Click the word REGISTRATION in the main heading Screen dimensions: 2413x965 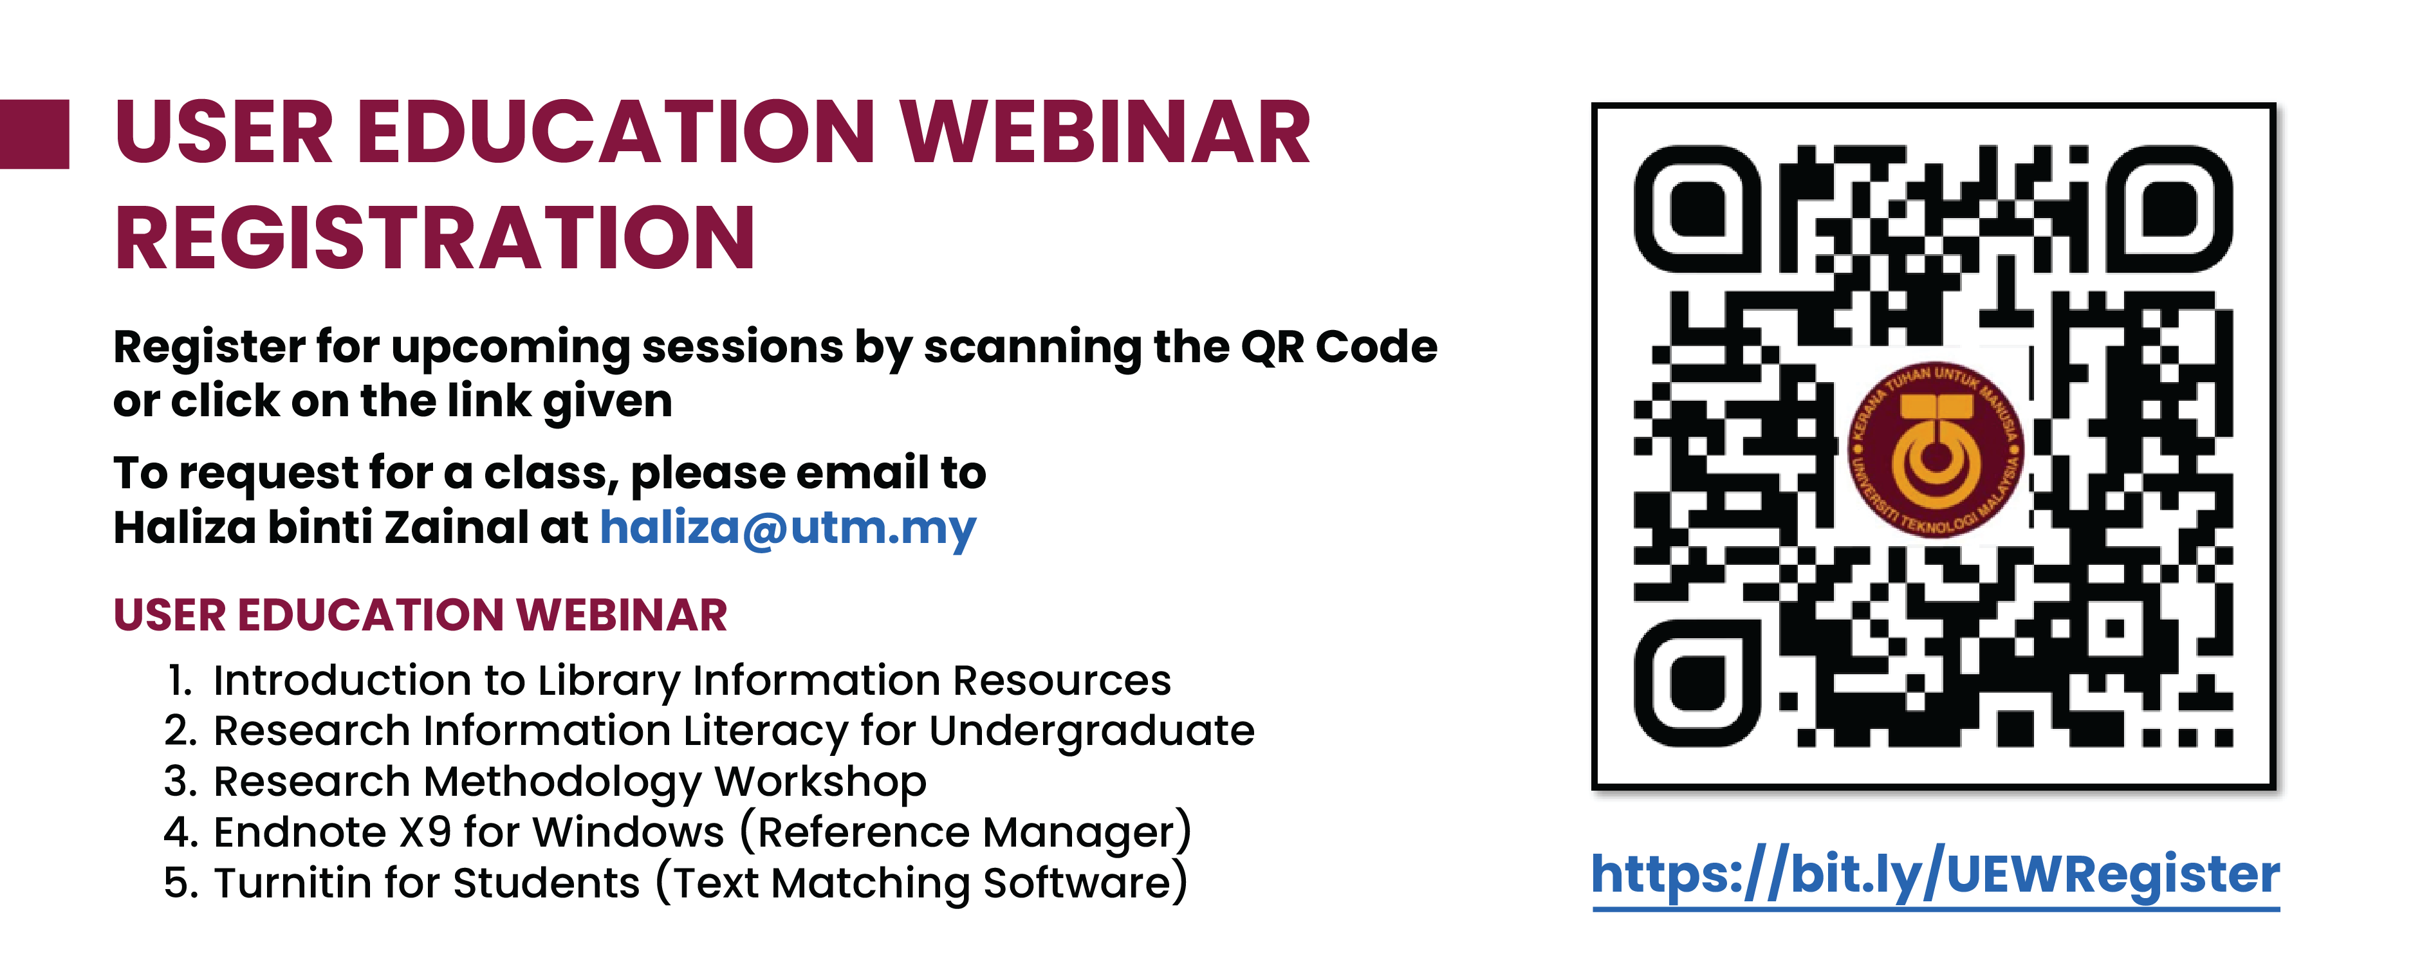(434, 238)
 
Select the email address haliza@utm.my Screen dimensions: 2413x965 (788, 528)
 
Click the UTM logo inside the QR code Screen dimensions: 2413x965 (1936, 449)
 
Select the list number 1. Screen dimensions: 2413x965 (179, 680)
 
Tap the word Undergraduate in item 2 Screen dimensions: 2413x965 (1091, 731)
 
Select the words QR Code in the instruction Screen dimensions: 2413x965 (1338, 347)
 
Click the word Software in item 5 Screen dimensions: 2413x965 (1077, 883)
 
